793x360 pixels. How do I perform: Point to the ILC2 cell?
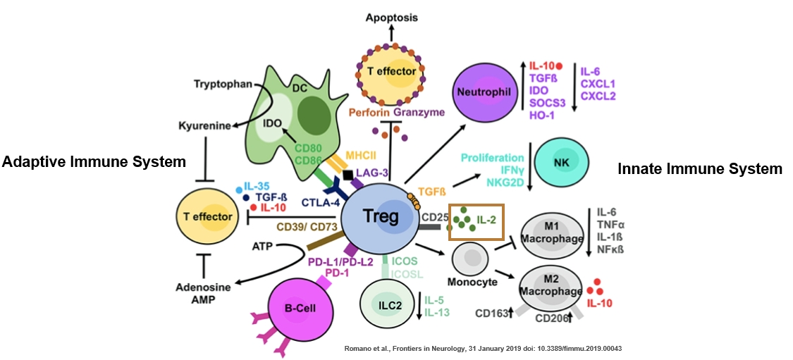tap(385, 304)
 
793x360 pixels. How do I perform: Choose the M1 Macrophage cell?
tap(552, 236)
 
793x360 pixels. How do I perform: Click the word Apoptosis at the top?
tap(391, 17)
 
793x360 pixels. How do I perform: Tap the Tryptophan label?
tap(222, 85)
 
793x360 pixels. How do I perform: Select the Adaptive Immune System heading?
tap(93, 163)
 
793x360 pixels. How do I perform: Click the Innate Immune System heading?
tap(700, 169)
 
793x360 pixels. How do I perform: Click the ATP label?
tap(262, 247)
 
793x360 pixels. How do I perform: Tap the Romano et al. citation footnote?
tap(481, 349)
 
